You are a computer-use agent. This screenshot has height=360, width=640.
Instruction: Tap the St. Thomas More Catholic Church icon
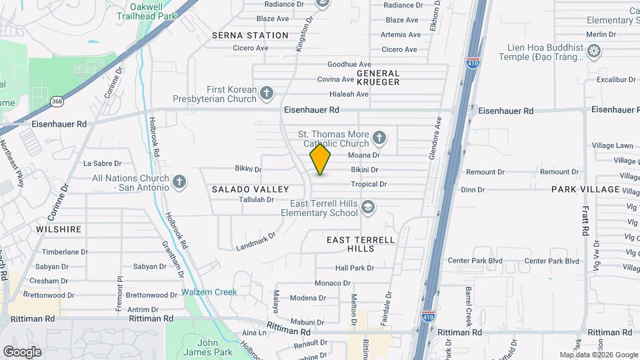tap(379, 139)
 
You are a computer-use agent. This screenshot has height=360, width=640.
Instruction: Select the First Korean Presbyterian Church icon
tap(267, 93)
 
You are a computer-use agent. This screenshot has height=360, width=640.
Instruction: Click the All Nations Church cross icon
tap(179, 181)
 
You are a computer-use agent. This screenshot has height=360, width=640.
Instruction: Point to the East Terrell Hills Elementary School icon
tap(367, 208)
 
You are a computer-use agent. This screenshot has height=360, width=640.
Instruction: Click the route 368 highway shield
tap(57, 102)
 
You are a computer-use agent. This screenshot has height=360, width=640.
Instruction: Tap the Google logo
tap(22, 352)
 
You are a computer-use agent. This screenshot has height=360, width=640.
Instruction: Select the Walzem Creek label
tap(209, 292)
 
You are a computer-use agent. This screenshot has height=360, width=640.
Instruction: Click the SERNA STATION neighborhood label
tap(250, 35)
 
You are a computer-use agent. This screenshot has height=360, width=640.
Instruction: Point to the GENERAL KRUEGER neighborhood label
tap(378, 77)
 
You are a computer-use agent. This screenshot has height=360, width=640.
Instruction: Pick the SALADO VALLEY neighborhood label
tap(250, 189)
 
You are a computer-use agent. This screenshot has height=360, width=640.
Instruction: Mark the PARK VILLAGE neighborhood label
tap(585, 189)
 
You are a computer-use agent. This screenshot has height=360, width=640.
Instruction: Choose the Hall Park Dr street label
tap(355, 268)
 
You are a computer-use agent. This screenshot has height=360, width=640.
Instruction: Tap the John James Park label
tap(208, 347)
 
